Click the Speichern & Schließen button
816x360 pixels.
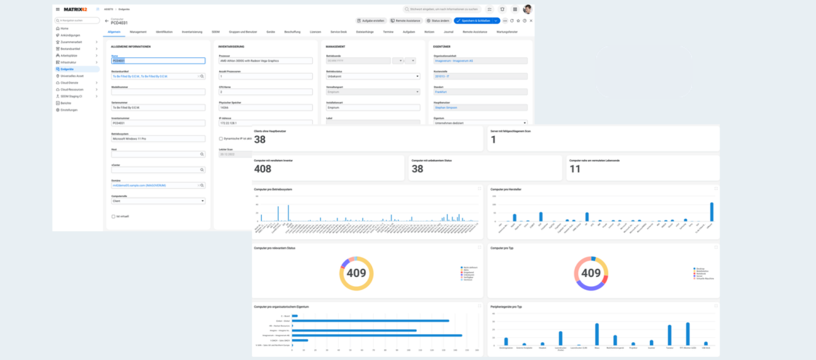point(473,21)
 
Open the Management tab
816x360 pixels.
point(138,31)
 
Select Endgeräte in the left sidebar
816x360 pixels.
point(69,69)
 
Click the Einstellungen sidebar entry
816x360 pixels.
point(69,110)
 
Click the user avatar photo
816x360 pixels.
point(527,9)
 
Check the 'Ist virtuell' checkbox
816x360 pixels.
point(113,216)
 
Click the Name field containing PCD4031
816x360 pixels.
point(158,61)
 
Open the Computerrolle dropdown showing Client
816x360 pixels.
point(158,201)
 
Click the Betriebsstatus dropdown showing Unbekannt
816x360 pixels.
point(373,76)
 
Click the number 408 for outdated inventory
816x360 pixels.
point(263,169)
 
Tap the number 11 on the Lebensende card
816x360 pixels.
point(575,169)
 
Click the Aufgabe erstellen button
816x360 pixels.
point(371,21)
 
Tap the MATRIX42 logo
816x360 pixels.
point(75,9)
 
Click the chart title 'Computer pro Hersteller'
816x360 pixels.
point(507,189)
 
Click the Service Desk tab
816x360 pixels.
point(339,31)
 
